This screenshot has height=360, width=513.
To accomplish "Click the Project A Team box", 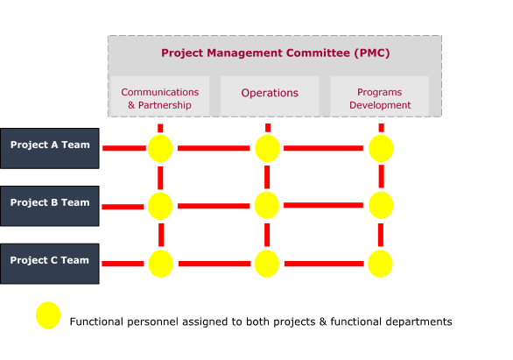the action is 50,148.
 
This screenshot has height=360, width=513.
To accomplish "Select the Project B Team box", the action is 50,206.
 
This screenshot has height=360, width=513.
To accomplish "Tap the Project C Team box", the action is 50,264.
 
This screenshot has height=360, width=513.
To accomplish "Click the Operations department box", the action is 270,95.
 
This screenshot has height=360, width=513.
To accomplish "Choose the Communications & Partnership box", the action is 160,95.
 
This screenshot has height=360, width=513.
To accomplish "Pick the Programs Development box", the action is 380,95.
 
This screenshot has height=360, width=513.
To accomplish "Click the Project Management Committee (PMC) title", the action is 276,53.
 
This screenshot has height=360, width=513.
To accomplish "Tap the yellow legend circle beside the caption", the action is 48,315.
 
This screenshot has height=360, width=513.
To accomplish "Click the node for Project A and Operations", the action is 267,148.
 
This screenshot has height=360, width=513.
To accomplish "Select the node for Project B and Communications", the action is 160,206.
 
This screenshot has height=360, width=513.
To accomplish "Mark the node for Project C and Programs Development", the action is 380,264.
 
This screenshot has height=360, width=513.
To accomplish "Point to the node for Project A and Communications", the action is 160,148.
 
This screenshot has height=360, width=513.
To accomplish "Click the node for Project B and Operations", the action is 267,205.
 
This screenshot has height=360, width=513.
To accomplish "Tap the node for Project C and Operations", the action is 267,264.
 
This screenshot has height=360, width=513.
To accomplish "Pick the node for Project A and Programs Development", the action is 381,148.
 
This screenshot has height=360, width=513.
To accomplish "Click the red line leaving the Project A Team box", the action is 124,148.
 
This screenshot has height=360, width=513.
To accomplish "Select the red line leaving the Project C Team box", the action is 123,264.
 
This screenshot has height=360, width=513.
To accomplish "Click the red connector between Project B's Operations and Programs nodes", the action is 323,205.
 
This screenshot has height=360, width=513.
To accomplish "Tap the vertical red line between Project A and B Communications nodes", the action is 160,178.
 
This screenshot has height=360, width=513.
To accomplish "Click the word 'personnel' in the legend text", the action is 153,322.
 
